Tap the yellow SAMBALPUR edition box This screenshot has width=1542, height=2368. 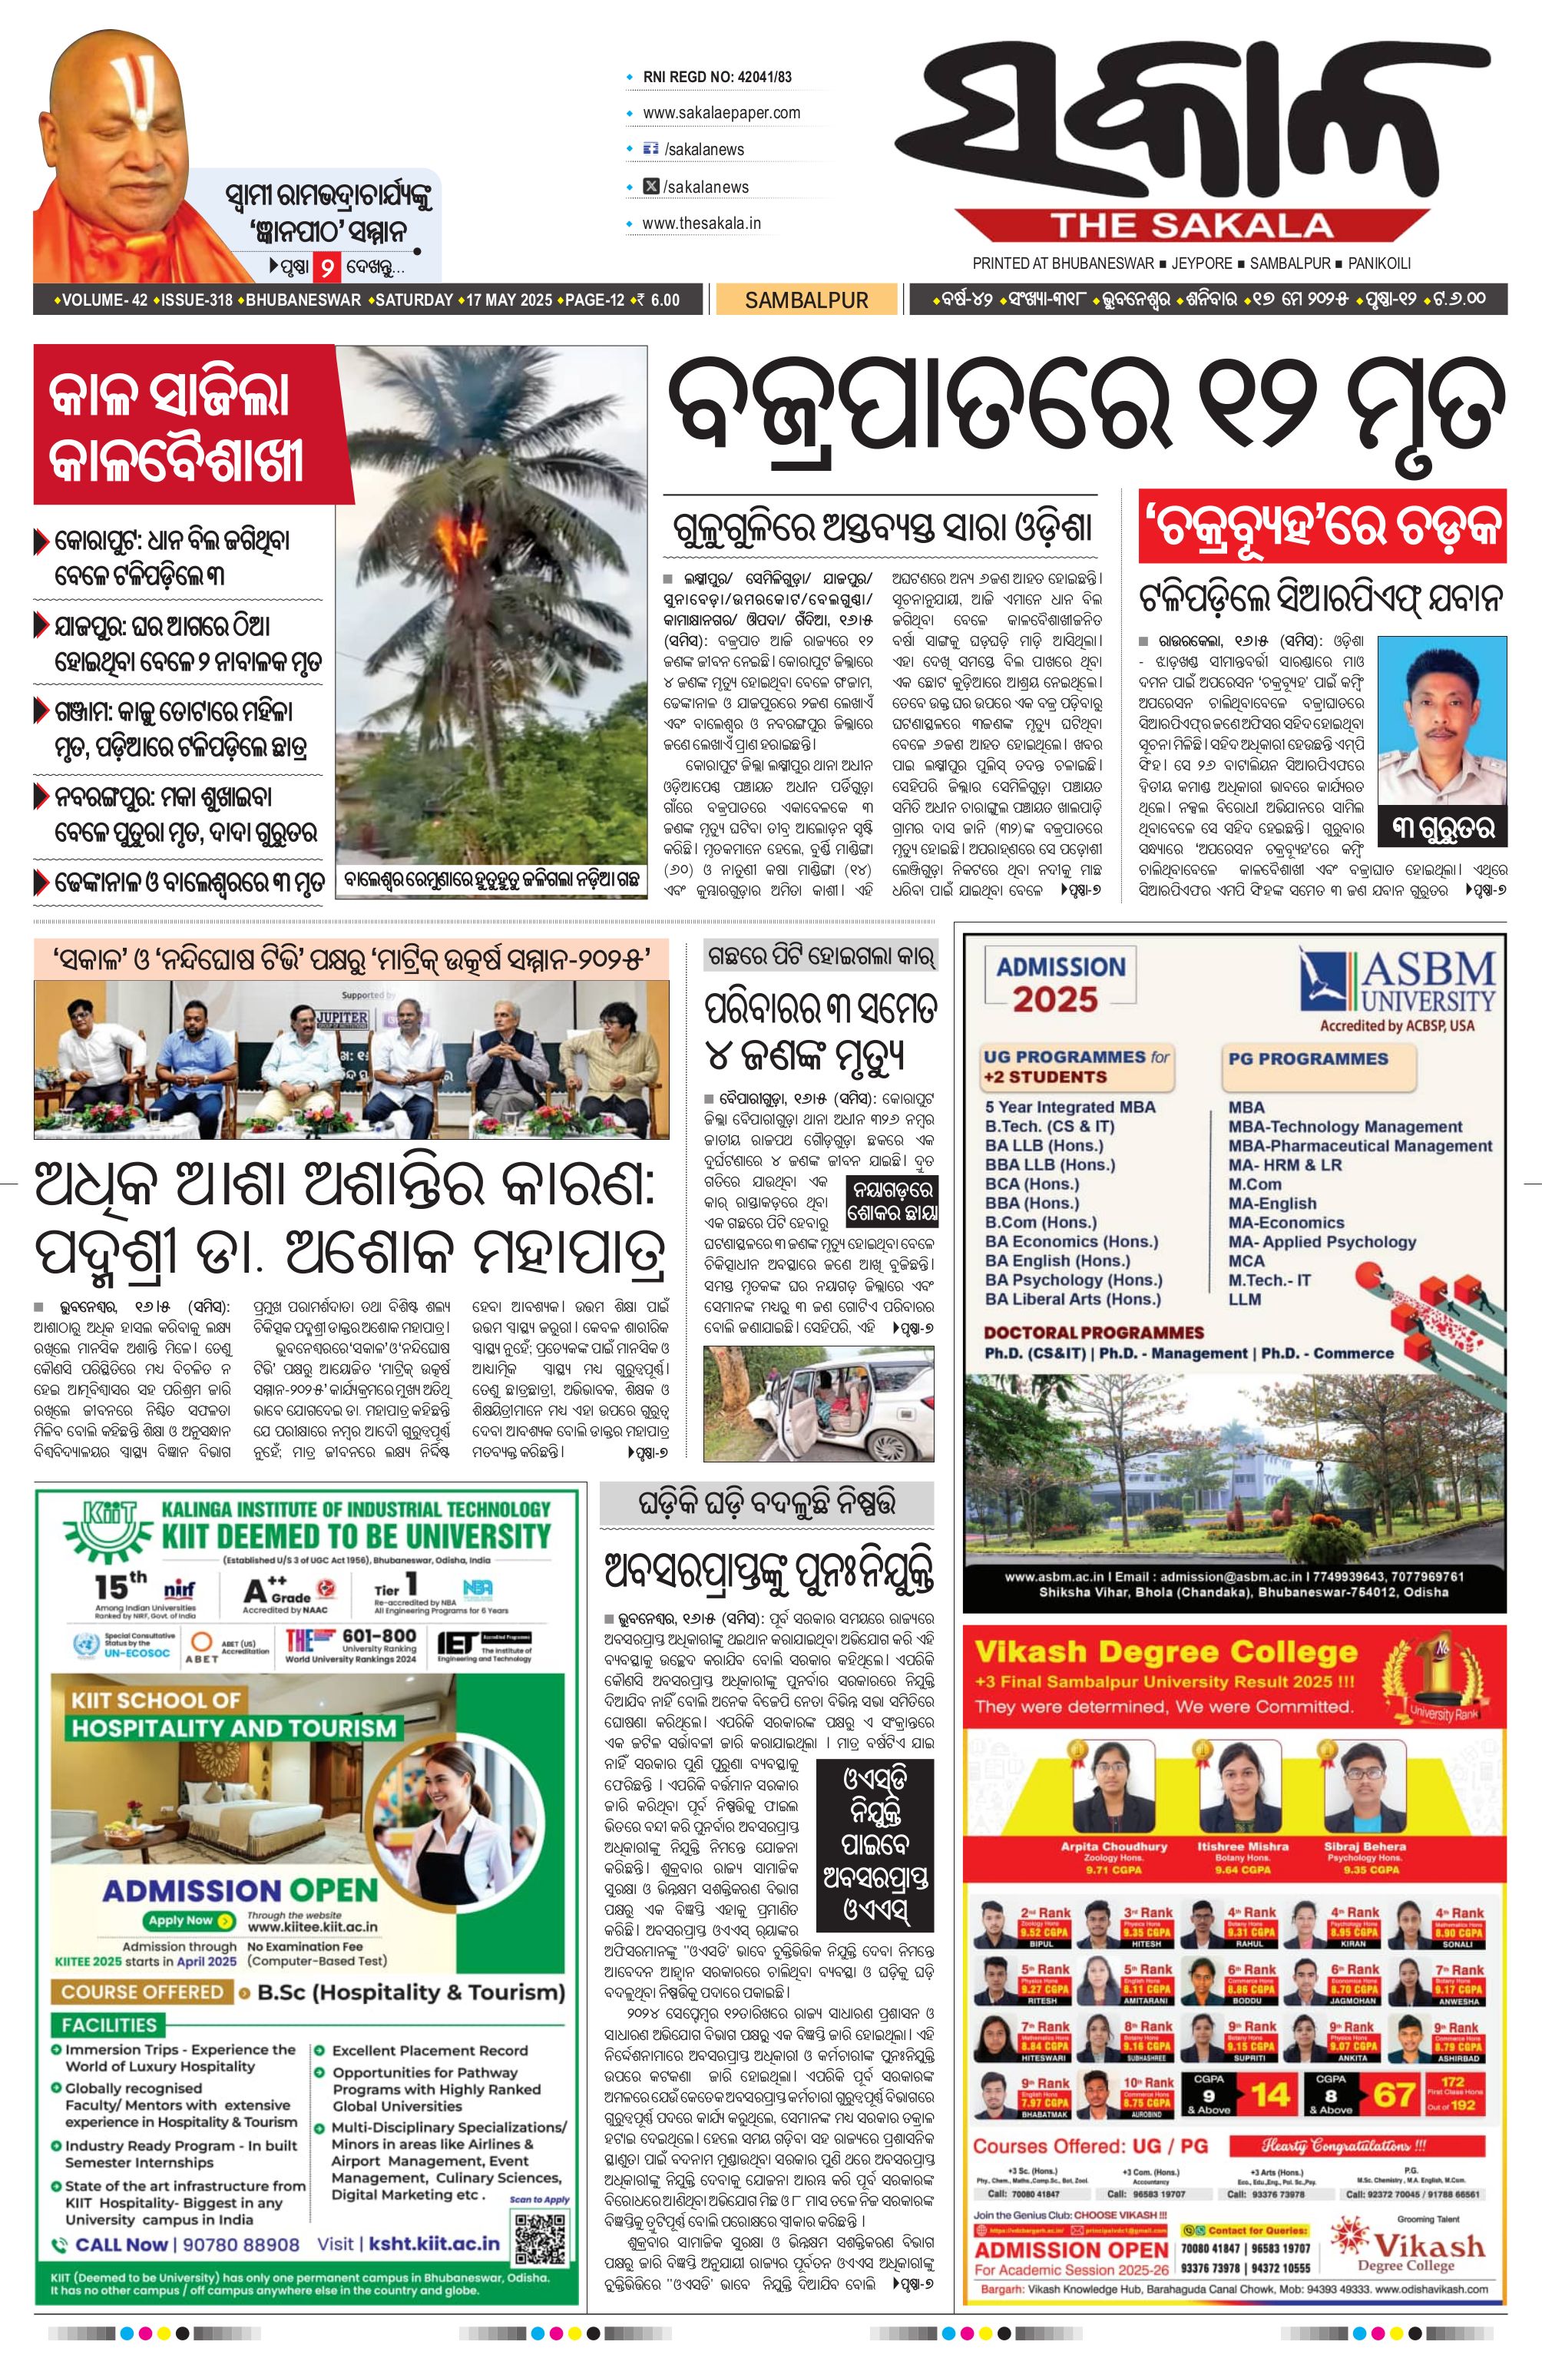pos(806,300)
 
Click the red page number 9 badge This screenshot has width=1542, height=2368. pos(326,267)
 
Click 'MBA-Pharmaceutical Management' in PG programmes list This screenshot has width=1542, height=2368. pos(1360,1145)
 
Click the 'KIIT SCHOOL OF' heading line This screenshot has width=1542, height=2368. pos(155,1700)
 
